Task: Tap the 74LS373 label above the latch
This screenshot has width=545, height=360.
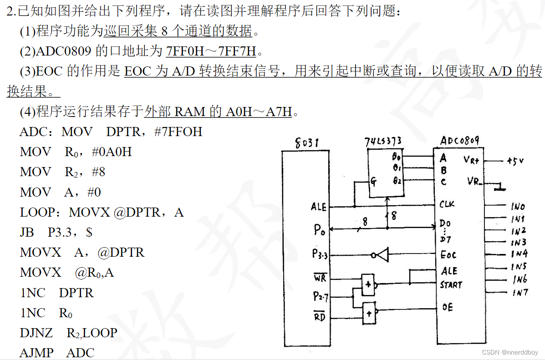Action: coord(383,141)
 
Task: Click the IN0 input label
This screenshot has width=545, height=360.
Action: coord(518,206)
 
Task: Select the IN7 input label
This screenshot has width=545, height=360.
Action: coord(520,293)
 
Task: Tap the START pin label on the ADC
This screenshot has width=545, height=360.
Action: coord(451,285)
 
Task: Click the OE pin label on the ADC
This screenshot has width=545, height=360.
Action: coord(447,307)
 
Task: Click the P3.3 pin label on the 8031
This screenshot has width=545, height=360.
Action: coord(320,254)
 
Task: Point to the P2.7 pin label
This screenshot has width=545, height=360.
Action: coord(320,297)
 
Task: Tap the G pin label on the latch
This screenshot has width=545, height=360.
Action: coord(373,182)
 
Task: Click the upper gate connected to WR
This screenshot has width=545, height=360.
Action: coord(368,284)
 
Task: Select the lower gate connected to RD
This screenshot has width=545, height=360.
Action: coord(369,312)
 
